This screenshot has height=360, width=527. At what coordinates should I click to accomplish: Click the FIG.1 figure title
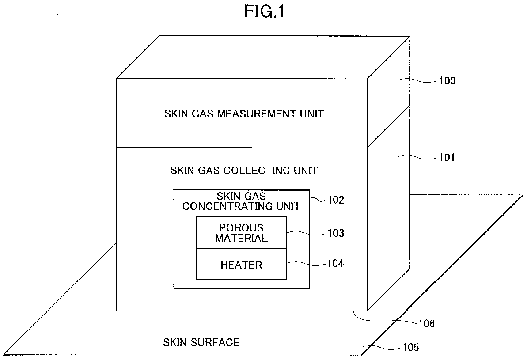pyautogui.click(x=264, y=11)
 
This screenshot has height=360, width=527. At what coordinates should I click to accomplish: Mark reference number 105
pyautogui.click(x=409, y=348)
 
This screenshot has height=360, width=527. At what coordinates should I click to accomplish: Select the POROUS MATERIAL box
pyautogui.click(x=241, y=233)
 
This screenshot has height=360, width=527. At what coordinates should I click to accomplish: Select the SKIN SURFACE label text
pyautogui.click(x=201, y=342)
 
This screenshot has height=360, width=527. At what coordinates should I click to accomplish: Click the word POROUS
pyautogui.click(x=241, y=228)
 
